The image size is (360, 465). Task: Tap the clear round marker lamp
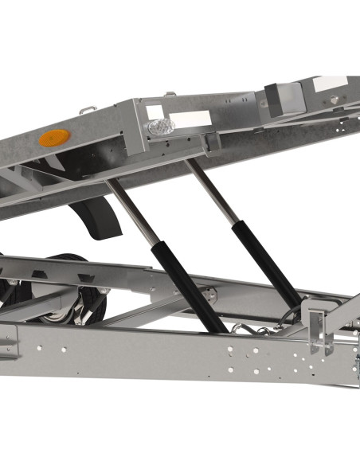[x=158, y=127]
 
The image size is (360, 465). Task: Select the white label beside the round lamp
[x=191, y=119]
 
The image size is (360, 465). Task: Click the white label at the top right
[x=331, y=83]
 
